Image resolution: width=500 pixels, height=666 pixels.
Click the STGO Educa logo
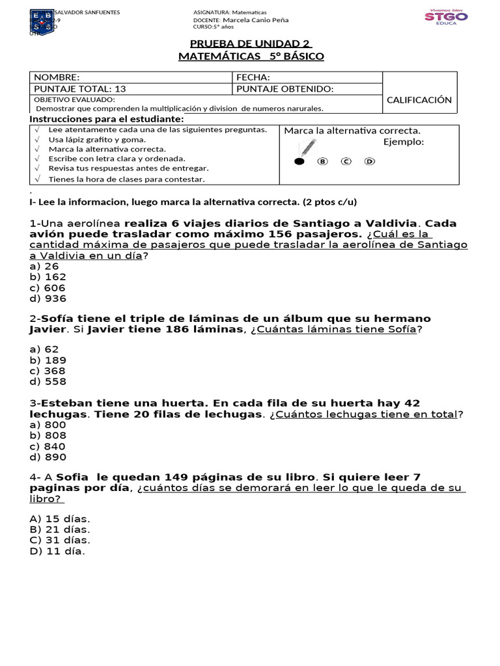point(446,17)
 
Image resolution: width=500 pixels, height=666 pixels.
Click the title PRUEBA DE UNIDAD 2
point(251,44)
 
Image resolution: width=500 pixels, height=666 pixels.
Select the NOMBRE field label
point(57,77)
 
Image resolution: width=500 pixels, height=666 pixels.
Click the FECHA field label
point(253,77)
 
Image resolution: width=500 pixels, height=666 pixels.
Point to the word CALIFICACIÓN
point(419,100)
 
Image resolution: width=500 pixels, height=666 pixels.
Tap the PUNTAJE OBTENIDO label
point(285,88)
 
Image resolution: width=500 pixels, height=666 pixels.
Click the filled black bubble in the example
point(299,161)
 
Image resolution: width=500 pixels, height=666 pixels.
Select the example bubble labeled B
point(322,161)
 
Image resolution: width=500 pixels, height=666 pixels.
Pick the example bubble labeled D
point(369,161)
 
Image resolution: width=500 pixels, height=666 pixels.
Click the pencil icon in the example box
point(308,149)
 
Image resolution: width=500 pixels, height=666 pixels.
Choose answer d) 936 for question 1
point(48,299)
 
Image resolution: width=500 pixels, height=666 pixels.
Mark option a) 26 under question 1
point(44,266)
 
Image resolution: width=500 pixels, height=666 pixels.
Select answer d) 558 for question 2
point(48,382)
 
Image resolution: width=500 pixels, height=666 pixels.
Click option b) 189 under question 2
point(48,360)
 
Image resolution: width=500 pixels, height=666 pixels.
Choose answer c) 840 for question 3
point(48,446)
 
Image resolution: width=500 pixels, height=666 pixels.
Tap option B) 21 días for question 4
point(60,529)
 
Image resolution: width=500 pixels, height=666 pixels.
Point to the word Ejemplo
point(403,142)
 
